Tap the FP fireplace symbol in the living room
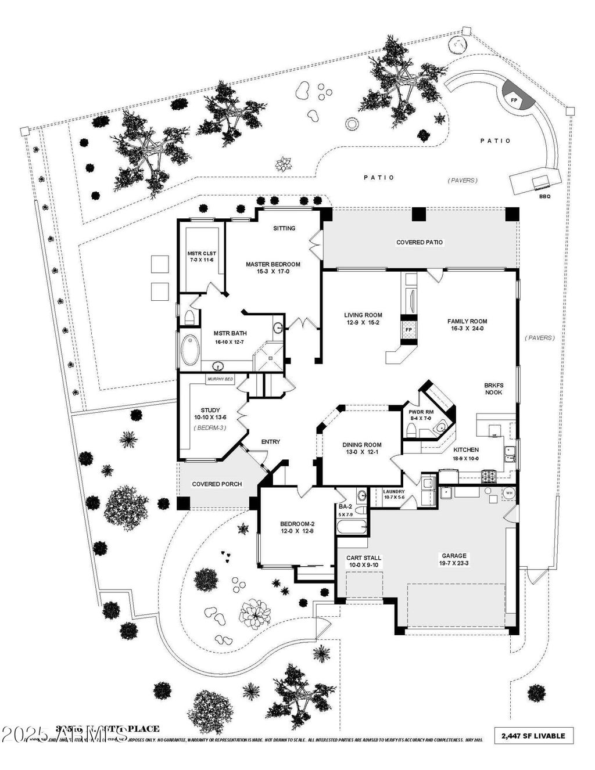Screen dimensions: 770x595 (x=408, y=330)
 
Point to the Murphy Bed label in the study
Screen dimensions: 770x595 (x=220, y=379)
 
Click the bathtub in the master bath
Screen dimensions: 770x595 (x=190, y=350)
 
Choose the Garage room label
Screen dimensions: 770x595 (x=453, y=556)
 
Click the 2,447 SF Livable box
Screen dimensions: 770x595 (x=533, y=736)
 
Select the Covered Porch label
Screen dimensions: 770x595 (x=217, y=484)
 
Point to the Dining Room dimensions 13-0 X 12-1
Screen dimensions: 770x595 (x=361, y=452)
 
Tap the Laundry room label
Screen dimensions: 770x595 (x=394, y=492)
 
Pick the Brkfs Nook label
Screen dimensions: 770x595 (x=493, y=388)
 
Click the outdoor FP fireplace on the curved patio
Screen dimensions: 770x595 (x=514, y=100)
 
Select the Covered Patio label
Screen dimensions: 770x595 (x=420, y=242)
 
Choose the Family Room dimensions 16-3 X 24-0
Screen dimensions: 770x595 (x=467, y=328)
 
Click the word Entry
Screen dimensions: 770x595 (x=270, y=442)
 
